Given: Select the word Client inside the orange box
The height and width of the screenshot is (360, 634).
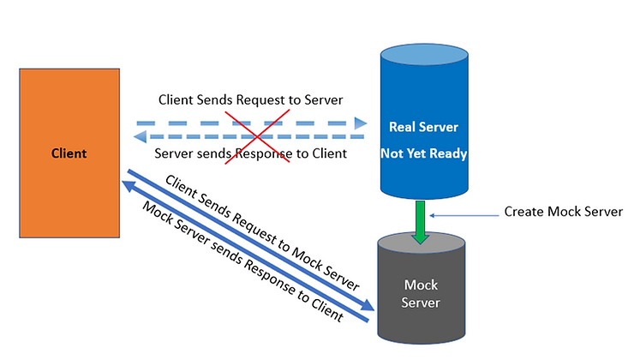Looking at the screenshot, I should [x=69, y=153].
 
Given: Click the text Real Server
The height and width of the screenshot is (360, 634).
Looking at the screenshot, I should [x=423, y=127].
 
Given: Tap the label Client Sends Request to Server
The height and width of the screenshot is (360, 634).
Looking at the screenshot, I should [x=251, y=100].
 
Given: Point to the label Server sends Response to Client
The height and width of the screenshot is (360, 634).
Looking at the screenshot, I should [x=251, y=154].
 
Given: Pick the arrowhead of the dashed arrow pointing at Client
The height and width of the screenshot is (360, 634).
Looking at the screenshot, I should [x=142, y=136].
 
